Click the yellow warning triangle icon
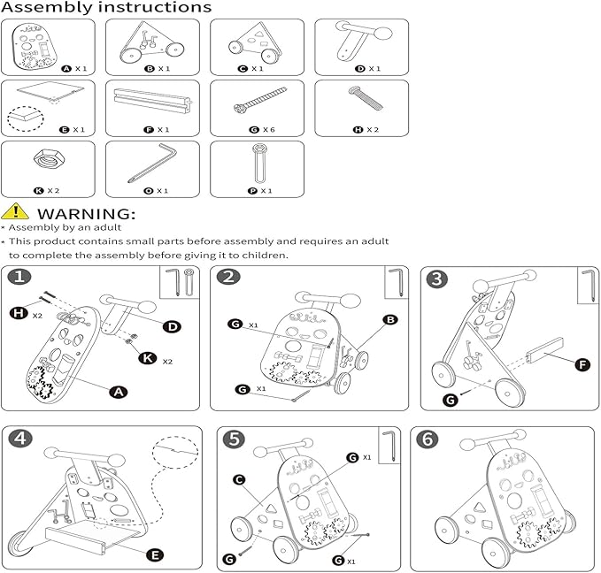click(14, 212)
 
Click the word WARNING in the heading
click(86, 213)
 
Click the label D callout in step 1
click(173, 326)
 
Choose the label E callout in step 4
click(155, 554)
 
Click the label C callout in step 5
click(238, 479)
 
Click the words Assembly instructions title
click(106, 8)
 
